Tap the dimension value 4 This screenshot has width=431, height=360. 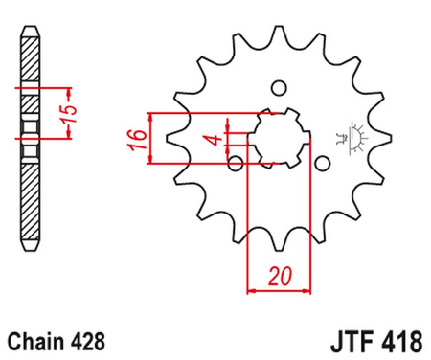pos(218,142)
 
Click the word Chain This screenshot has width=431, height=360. pos(35,339)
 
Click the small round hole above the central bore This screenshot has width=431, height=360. pos(279,88)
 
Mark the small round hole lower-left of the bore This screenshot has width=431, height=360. pos(236,164)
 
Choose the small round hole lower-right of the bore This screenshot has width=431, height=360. pos(322,164)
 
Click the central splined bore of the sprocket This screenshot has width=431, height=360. pos(279,138)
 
